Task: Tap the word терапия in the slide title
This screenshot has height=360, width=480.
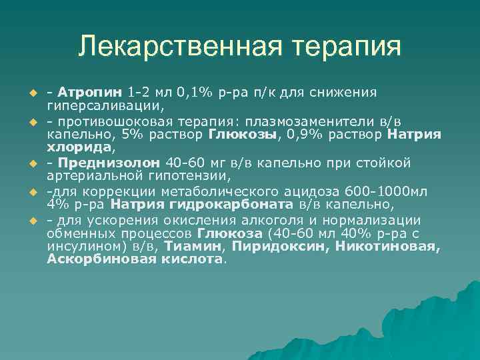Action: pyautogui.click(x=342, y=47)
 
